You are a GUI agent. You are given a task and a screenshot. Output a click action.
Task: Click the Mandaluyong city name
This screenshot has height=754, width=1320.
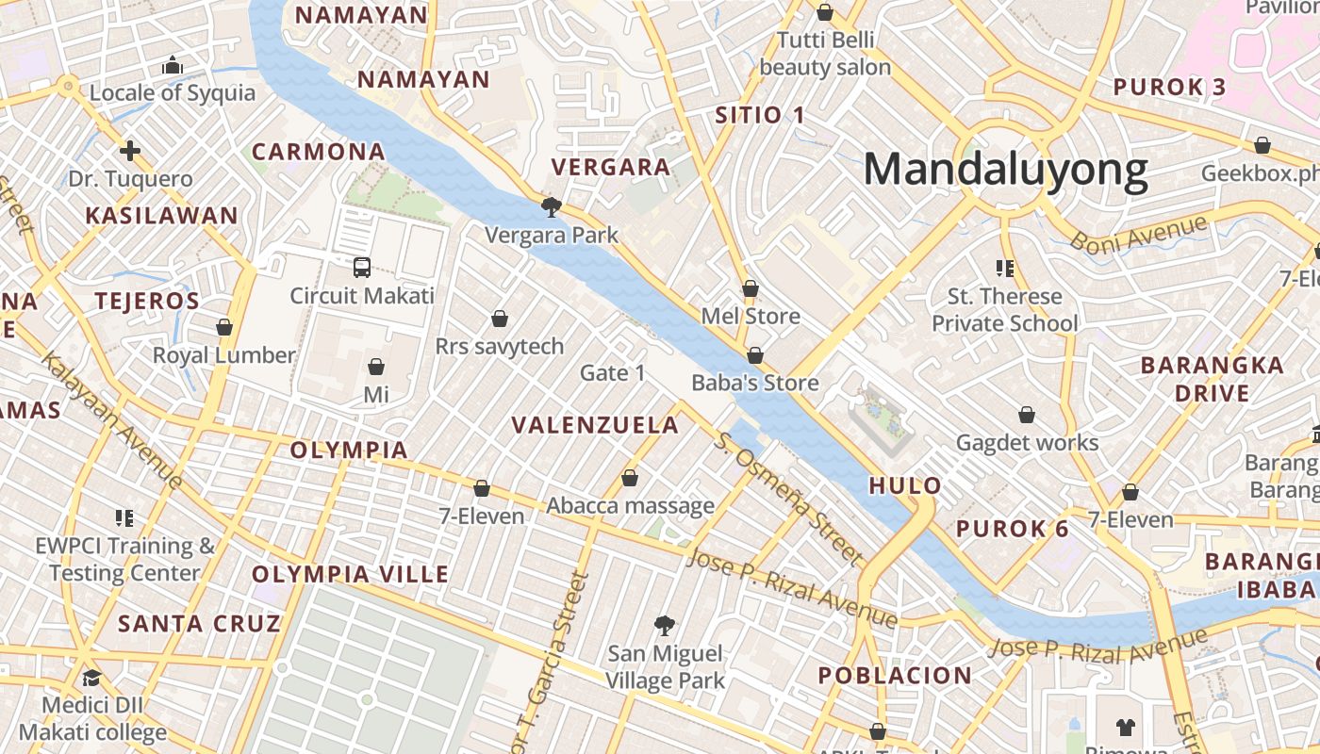pyautogui.click(x=1005, y=171)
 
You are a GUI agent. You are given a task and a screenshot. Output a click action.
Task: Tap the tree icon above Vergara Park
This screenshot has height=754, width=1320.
pyautogui.click(x=551, y=206)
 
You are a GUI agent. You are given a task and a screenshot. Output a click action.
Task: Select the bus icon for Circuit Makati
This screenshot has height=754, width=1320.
pyautogui.click(x=362, y=267)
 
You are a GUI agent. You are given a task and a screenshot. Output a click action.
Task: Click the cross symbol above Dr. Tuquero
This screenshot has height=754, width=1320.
pyautogui.click(x=130, y=151)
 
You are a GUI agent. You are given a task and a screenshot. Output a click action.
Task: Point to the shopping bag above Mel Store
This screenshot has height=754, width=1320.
pyautogui.click(x=751, y=288)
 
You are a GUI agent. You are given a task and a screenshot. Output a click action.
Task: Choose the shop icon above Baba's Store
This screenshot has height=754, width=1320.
pyautogui.click(x=754, y=355)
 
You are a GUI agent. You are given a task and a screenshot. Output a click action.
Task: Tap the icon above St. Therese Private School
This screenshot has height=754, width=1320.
pyautogui.click(x=1004, y=269)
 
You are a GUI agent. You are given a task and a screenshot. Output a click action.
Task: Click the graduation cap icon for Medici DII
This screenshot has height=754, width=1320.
pyautogui.click(x=91, y=678)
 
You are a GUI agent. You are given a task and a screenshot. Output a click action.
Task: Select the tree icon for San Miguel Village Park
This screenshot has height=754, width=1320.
pyautogui.click(x=665, y=625)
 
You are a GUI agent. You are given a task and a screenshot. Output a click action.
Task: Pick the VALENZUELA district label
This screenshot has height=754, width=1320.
pyautogui.click(x=595, y=425)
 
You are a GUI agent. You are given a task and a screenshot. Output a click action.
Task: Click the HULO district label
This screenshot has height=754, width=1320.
pyautogui.click(x=905, y=486)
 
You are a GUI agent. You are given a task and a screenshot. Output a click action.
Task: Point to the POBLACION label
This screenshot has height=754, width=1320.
pyautogui.click(x=895, y=676)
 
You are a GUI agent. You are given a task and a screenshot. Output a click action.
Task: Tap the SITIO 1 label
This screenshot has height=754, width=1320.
pyautogui.click(x=760, y=116)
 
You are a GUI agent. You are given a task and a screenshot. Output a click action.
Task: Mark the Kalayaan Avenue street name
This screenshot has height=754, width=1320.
pyautogui.click(x=111, y=418)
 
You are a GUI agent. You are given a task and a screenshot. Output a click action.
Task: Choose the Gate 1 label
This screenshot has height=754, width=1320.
pyautogui.click(x=612, y=373)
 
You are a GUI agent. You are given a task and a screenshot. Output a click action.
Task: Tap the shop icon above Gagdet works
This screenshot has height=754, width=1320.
pyautogui.click(x=1027, y=415)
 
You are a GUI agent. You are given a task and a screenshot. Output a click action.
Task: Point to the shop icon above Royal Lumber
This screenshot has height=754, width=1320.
pyautogui.click(x=224, y=327)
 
